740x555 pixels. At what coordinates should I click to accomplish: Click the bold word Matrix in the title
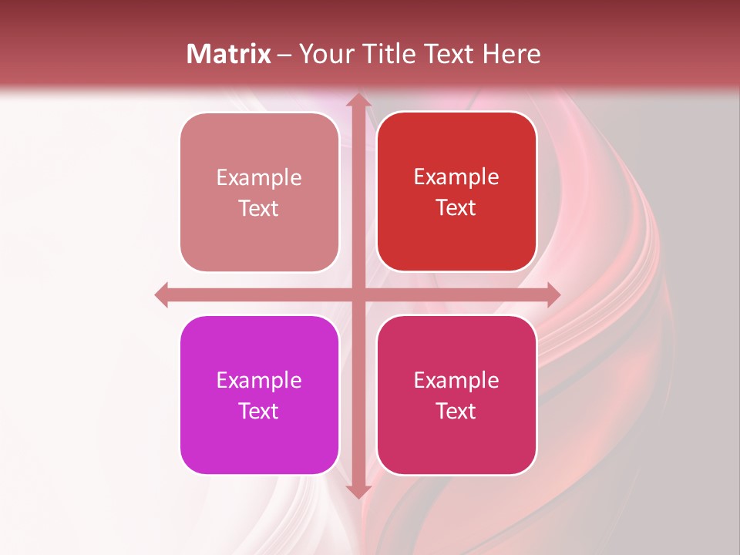229,54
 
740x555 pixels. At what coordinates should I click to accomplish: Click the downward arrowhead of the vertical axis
358,490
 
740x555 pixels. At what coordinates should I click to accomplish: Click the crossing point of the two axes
358,294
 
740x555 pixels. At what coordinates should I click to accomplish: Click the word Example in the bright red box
456,177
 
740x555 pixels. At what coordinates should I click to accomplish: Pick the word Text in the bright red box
456,207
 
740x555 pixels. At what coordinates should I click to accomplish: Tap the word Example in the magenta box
259,380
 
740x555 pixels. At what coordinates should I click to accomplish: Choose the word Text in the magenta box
259,411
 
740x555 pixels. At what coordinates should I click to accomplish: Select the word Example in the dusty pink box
259,177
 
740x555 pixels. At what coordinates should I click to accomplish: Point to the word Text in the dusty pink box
259,208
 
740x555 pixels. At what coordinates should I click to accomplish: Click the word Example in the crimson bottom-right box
456,380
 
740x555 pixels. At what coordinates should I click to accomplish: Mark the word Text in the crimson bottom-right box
456,411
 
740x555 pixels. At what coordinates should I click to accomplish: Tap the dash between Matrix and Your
285,55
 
